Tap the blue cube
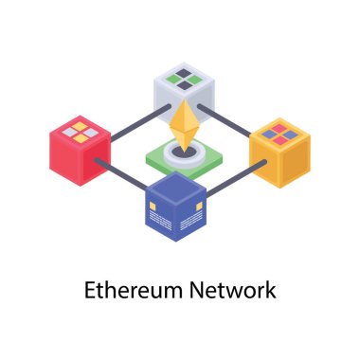(x=176, y=206)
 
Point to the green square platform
(x=180, y=156)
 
